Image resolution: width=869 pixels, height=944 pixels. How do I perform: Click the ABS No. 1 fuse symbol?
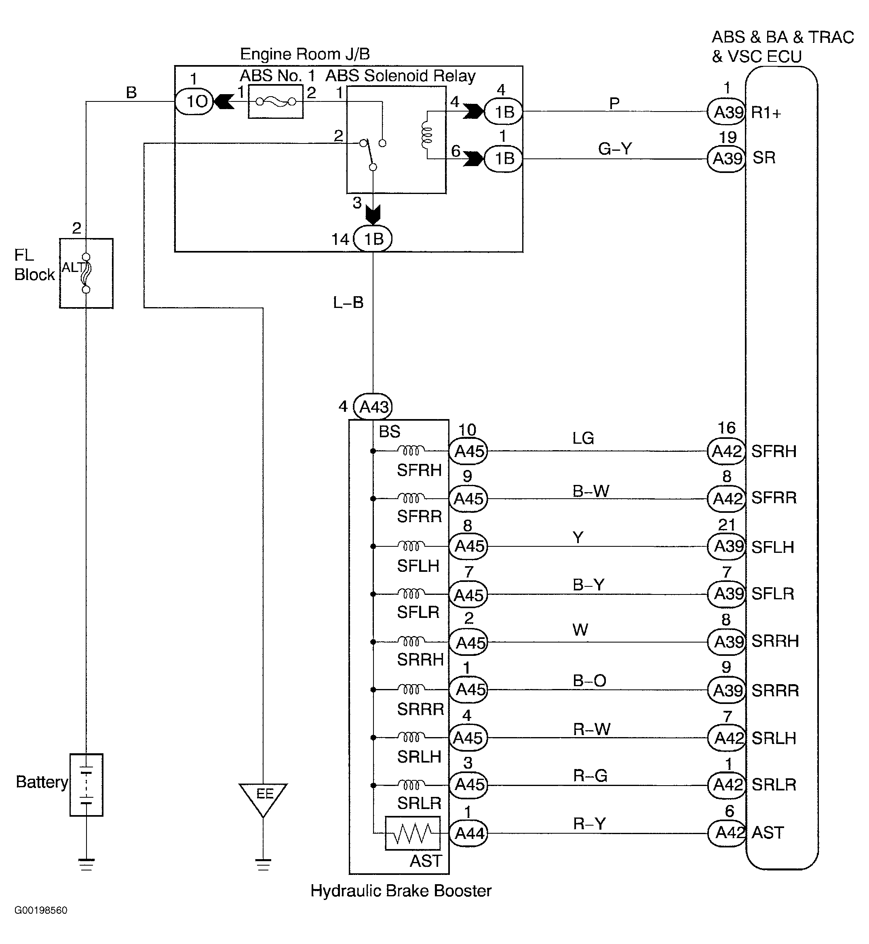[x=276, y=101]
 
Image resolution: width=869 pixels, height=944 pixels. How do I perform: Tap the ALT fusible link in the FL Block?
[x=86, y=273]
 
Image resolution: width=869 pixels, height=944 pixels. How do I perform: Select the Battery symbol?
[x=86, y=785]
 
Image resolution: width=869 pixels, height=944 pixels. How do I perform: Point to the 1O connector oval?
[x=194, y=101]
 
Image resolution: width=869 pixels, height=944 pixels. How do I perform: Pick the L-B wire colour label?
[x=348, y=302]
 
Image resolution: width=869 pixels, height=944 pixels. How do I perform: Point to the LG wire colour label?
[x=583, y=438]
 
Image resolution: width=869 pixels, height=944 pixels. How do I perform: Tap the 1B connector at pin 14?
[x=372, y=239]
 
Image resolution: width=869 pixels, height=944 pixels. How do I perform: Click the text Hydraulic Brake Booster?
[x=401, y=890]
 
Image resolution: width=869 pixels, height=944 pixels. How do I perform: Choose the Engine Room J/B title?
[x=305, y=54]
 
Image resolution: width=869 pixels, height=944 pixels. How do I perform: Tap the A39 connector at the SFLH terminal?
[x=727, y=546]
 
